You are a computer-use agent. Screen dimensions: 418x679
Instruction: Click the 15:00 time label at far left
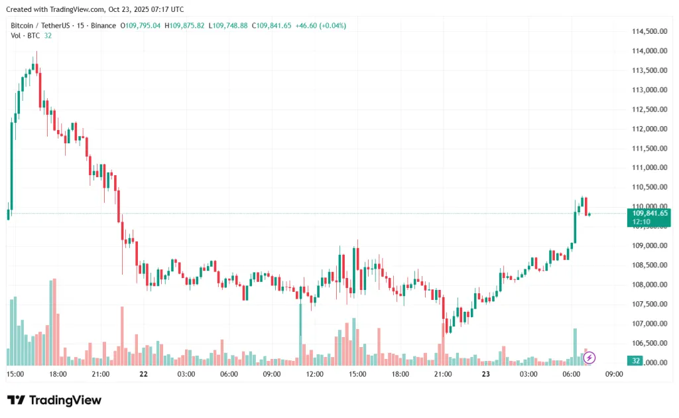(x=15, y=374)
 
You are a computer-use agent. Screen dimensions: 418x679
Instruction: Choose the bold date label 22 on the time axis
(x=143, y=374)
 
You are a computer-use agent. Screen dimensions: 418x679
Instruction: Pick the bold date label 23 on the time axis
(x=486, y=374)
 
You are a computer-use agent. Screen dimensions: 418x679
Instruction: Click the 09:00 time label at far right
(x=615, y=374)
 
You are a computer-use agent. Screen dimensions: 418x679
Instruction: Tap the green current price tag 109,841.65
(x=648, y=213)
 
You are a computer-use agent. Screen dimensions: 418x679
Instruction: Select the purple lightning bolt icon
(x=589, y=358)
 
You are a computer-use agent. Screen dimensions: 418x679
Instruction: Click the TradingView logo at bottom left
(x=54, y=400)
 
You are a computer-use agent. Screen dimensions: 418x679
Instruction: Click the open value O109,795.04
(x=140, y=25)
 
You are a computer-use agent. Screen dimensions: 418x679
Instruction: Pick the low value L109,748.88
(x=228, y=25)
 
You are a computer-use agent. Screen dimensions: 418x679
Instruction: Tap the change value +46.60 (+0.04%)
(x=320, y=25)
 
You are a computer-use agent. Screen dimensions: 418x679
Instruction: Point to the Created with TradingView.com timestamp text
(x=94, y=9)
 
